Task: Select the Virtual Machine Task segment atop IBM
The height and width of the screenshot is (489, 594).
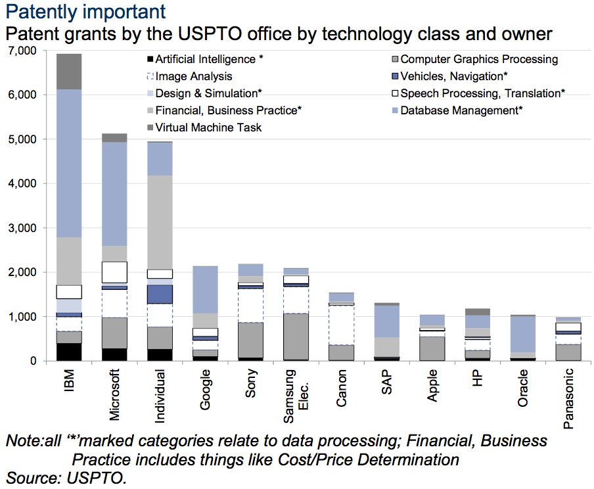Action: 68,71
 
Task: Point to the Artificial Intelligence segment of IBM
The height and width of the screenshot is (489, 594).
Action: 68,352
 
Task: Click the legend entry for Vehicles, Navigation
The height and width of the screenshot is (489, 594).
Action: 444,76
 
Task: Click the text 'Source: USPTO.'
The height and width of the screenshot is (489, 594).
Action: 66,477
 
